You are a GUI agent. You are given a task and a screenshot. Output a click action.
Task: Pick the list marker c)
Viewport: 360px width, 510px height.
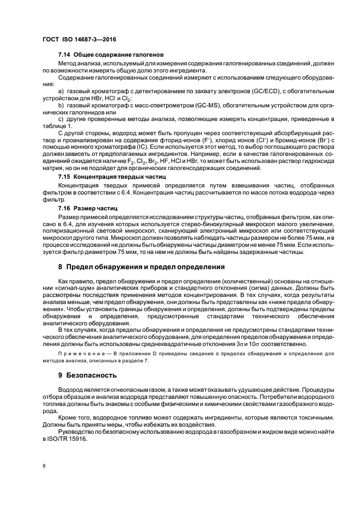click(61, 118)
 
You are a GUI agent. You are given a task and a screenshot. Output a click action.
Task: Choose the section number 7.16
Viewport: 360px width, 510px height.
click(65, 208)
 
